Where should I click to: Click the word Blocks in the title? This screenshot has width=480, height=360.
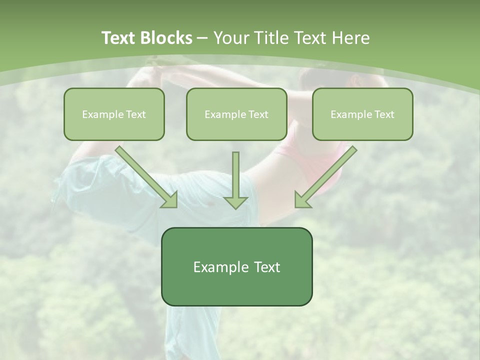coord(167,38)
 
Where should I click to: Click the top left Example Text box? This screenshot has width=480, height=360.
coord(114,114)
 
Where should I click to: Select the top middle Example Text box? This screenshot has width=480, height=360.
coord(236,114)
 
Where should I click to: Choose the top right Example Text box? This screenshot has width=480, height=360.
coord(362,114)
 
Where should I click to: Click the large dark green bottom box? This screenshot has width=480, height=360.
coord(236,266)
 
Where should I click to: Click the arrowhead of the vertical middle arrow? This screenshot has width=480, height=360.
coord(235,202)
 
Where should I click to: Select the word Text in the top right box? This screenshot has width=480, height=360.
coord(384,114)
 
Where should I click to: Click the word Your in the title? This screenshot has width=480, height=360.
coord(230,38)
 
